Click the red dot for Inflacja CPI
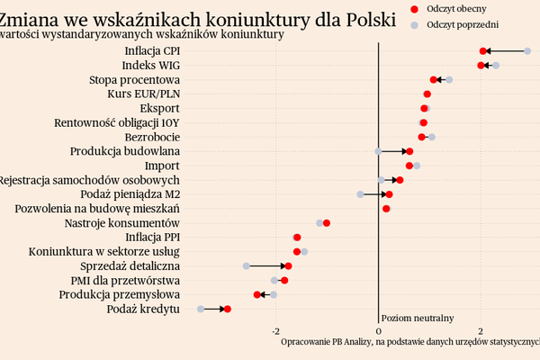(x=483, y=51)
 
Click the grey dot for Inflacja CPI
(x=527, y=51)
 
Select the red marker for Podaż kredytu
(x=228, y=310)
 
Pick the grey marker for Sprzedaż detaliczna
(x=246, y=266)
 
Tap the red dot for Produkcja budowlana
(x=409, y=151)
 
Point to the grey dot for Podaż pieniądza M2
(x=360, y=194)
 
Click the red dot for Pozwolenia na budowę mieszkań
(x=386, y=209)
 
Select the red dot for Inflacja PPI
(x=297, y=238)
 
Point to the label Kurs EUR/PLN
(x=142, y=94)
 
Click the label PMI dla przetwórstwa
(x=130, y=281)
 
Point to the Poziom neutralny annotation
(x=418, y=318)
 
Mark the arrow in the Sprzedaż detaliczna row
(x=267, y=266)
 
